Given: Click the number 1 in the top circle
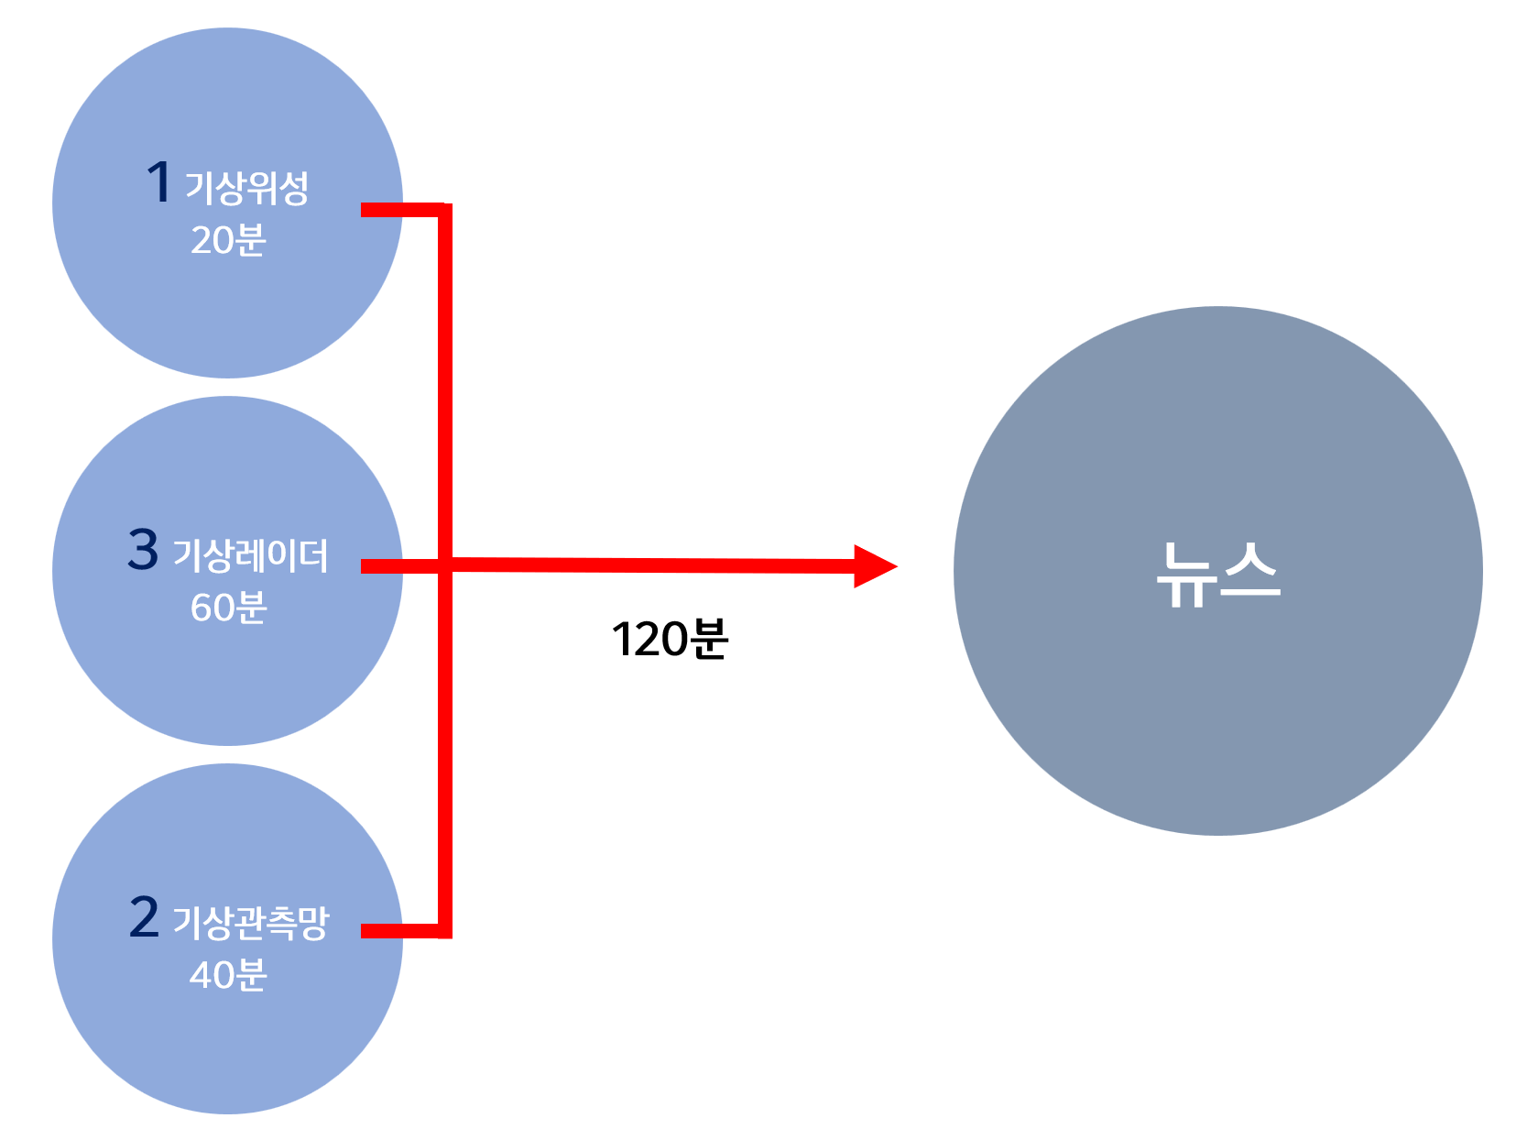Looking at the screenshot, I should [159, 181].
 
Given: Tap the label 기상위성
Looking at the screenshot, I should [246, 188].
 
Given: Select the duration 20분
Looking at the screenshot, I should [228, 240].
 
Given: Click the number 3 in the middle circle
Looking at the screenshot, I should [143, 550].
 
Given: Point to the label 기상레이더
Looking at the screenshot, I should [250, 555].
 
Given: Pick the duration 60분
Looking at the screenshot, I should [228, 608].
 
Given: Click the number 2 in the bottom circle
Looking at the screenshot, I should [144, 917].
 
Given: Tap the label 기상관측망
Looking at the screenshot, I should [250, 923].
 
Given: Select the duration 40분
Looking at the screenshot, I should [228, 975].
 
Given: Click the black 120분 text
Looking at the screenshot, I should [670, 639].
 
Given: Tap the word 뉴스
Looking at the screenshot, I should [1217, 574].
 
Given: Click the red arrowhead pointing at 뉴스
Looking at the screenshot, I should [873, 566].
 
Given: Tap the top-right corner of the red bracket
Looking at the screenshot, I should [445, 210].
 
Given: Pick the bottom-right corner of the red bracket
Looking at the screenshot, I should [445, 931].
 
